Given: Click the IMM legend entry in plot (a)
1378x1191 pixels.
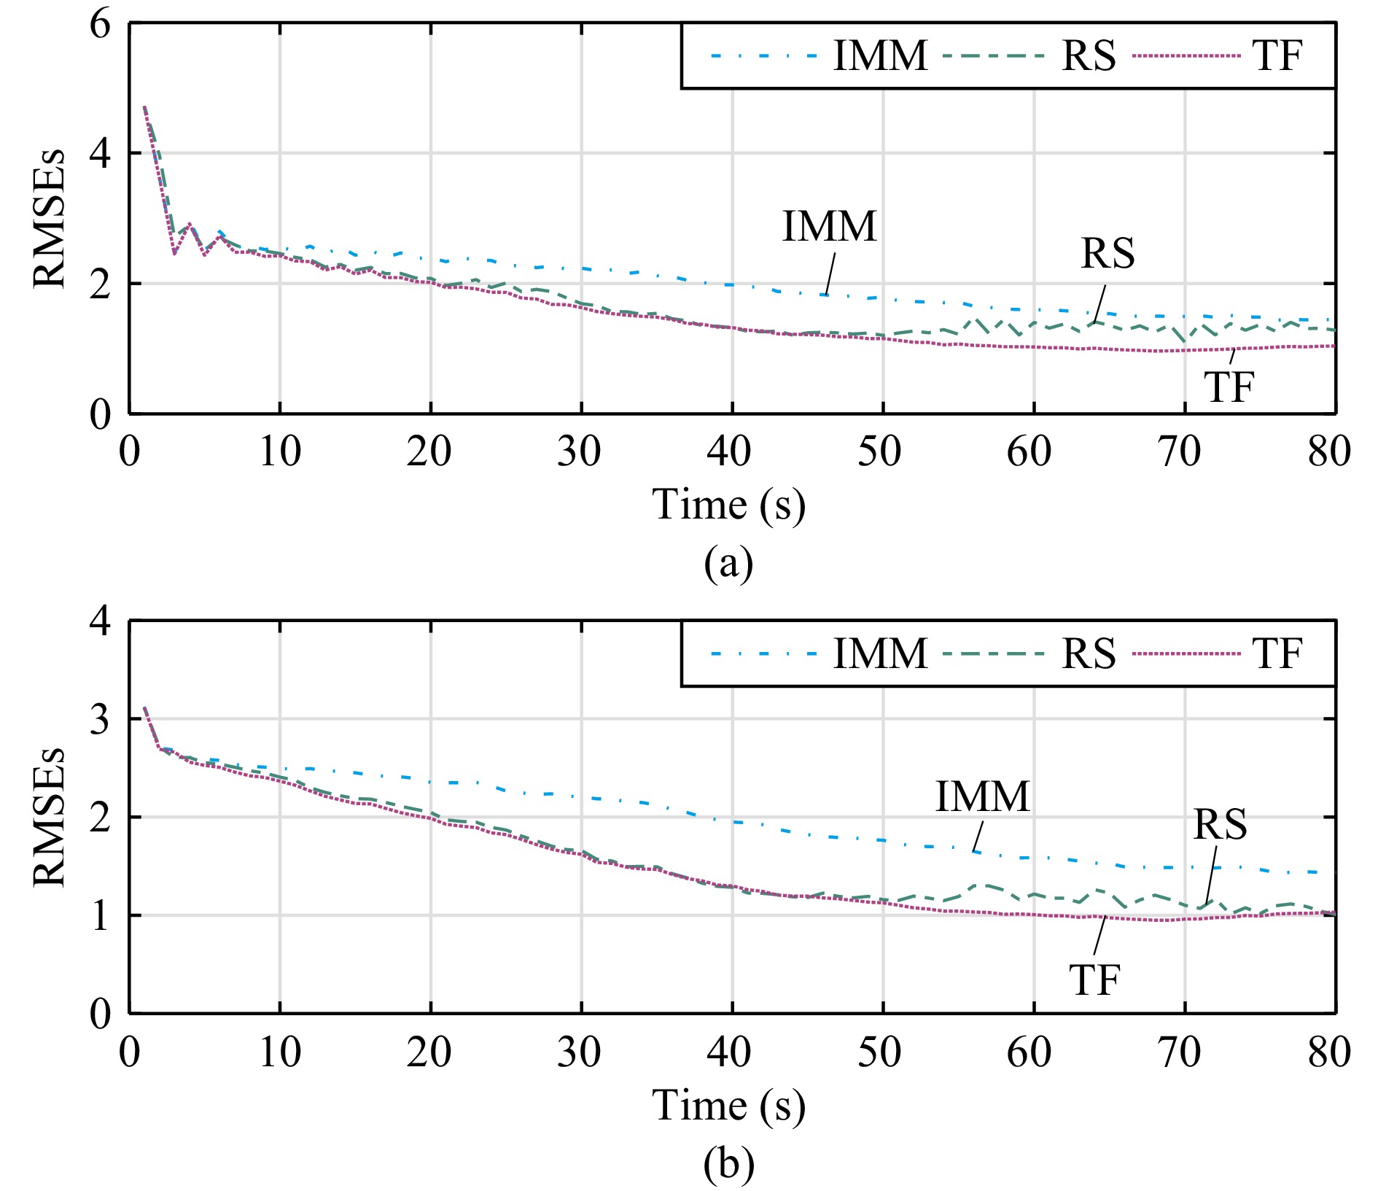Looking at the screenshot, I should [x=880, y=55].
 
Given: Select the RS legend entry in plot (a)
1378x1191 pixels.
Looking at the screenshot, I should [x=1088, y=55].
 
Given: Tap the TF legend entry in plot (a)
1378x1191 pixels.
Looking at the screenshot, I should [x=1277, y=55].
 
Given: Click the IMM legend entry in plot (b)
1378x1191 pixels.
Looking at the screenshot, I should [x=880, y=653].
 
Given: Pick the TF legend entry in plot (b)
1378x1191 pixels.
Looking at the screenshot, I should [x=1277, y=653].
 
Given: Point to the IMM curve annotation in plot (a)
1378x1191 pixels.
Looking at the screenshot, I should [x=829, y=226].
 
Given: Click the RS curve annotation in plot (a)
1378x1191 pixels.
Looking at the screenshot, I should [x=1108, y=253].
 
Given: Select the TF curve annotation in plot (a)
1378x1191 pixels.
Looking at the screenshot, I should [x=1229, y=386].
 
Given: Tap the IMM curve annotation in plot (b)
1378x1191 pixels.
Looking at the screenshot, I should [x=982, y=796].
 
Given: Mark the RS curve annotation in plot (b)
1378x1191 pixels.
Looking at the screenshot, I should [x=1220, y=824].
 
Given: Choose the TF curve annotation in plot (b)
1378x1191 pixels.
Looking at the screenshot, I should [x=1094, y=979].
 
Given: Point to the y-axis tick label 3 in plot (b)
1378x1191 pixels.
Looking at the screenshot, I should [x=100, y=719].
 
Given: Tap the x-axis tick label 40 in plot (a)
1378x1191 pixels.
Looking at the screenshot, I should [x=729, y=451].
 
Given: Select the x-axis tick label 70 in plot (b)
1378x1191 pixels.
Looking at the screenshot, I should [x=1179, y=1052].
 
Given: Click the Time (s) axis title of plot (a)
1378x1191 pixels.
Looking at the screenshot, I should [x=728, y=505].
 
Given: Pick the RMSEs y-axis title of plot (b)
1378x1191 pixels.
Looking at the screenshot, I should [x=50, y=817].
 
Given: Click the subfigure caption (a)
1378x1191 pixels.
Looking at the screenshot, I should [x=728, y=563].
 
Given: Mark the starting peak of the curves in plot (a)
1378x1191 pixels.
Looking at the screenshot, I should [x=144, y=106].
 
